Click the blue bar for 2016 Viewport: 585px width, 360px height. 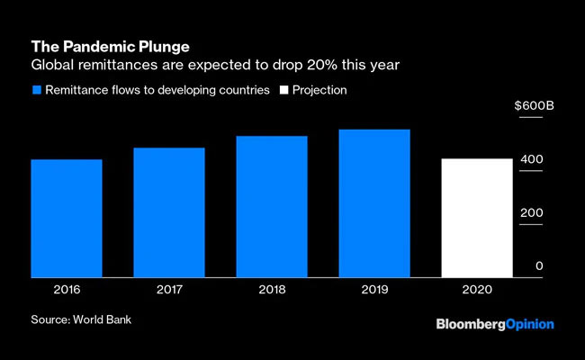66,219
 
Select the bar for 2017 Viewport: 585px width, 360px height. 168,212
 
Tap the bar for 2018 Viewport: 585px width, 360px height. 272,207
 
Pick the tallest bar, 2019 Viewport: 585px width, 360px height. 374,203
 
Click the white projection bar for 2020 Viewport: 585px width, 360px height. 477,218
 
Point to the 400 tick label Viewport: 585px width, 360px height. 531,159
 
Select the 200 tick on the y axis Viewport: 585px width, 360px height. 531,212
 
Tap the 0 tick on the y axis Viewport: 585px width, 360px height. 539,265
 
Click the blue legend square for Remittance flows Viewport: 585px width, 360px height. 36,90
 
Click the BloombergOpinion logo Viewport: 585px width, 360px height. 495,324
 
